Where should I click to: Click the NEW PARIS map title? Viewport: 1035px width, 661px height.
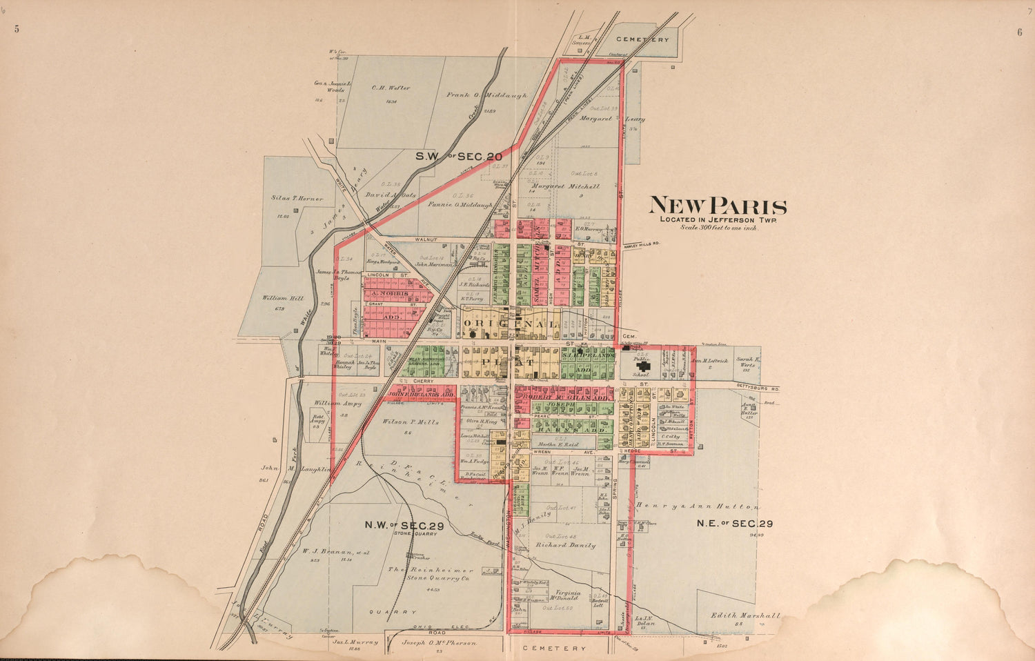[x=718, y=206]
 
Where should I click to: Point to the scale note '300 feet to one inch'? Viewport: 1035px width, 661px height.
[x=718, y=227]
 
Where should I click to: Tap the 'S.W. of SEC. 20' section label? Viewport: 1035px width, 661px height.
[x=458, y=157]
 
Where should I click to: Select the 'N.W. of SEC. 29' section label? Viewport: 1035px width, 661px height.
[x=404, y=524]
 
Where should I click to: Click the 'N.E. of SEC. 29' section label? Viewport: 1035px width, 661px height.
[x=734, y=523]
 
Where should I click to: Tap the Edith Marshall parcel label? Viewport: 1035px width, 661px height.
[x=747, y=615]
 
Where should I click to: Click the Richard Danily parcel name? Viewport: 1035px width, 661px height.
[x=565, y=545]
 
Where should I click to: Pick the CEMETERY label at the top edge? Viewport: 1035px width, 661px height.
[x=642, y=40]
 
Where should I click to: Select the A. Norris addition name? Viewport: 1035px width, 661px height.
[x=391, y=294]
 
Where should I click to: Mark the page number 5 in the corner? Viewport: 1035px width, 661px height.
[x=15, y=29]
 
